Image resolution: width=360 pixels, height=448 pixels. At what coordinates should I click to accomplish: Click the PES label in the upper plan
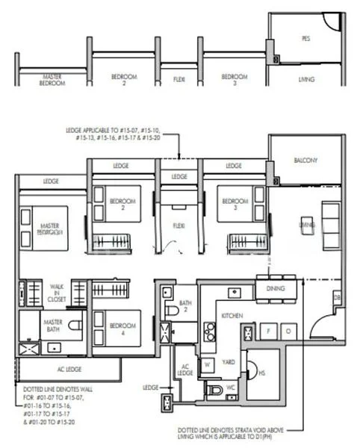point(305,38)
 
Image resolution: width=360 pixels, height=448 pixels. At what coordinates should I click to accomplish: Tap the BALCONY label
point(305,160)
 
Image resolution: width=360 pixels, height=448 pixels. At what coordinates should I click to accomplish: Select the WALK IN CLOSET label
point(57,290)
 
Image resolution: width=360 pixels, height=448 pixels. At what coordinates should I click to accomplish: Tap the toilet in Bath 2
point(171,309)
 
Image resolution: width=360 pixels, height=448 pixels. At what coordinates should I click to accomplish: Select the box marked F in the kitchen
point(268,329)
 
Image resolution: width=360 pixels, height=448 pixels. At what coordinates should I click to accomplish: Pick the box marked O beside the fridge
point(288,329)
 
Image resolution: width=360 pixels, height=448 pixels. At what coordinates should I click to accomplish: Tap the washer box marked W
point(208,365)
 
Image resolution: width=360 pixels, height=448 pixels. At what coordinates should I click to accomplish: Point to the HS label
point(261,373)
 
